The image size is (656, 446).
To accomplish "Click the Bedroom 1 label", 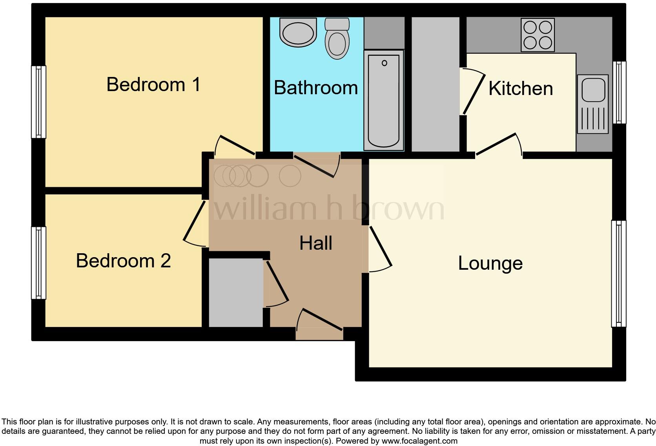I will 153,84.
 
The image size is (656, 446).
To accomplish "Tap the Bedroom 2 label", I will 123,261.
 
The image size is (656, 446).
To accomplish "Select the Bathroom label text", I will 316,88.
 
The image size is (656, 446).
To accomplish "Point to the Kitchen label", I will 521,88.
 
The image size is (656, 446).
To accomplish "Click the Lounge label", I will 490,263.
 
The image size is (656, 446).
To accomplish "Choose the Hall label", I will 316,243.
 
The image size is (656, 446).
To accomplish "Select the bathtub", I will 384,100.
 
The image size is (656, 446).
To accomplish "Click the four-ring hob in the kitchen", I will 538,35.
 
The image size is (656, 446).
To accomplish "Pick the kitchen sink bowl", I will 593,90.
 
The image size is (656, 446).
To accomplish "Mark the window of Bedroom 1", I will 38,102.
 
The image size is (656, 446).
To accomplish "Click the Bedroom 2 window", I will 38,263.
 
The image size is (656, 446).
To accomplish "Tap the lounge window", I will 618,274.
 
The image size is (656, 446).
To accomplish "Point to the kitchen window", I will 619,93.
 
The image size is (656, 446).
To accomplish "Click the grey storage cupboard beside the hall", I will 235,292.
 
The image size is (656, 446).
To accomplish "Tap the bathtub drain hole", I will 384,63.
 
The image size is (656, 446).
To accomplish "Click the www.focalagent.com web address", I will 419,441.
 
